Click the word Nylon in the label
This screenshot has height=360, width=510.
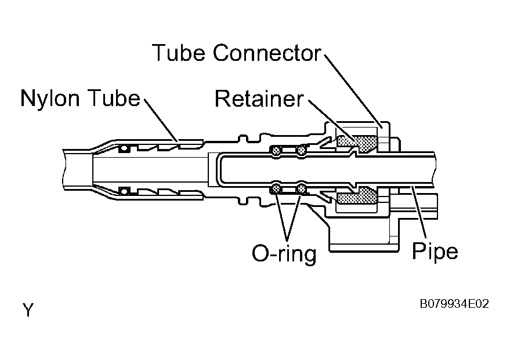coord(49,99)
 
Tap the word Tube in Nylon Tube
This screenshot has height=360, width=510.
coord(114,97)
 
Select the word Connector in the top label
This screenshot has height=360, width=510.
coord(267,53)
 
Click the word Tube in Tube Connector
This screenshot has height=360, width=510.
coord(178,53)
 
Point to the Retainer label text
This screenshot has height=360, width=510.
coord(259,99)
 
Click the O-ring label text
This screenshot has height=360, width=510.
coord(284,253)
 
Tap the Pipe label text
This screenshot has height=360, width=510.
coord(435,252)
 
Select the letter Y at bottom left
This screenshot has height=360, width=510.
coord(28,310)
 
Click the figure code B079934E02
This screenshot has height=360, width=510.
coord(454,304)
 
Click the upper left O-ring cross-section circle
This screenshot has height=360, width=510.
coord(276,151)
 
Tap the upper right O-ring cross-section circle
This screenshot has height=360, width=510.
coord(301,151)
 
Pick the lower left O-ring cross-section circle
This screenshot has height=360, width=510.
coord(276,188)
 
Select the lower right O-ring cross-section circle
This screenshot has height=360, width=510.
coord(302,188)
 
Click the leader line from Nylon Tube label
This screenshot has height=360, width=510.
coord(161,120)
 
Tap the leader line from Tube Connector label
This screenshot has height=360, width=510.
coord(353,91)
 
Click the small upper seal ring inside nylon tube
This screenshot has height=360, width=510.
coord(124,148)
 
